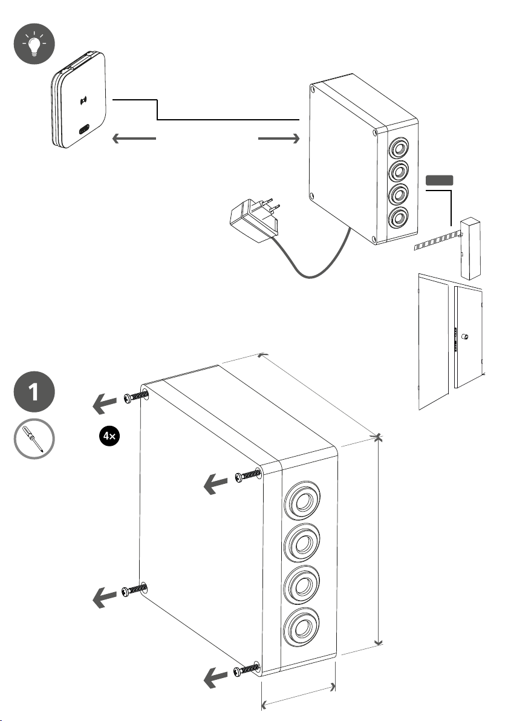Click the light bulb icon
click(33, 46)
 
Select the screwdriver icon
click(34, 440)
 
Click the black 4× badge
click(108, 436)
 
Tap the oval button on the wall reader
click(84, 129)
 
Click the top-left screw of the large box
click(135, 396)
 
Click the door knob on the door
click(466, 336)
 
